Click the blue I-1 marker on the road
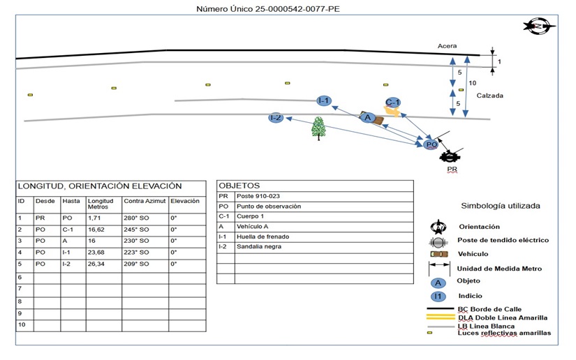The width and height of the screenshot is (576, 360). click(x=323, y=100)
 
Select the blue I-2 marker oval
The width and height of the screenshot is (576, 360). click(x=276, y=118)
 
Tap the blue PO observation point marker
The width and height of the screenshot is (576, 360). click(x=431, y=144)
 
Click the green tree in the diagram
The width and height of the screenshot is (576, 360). click(x=319, y=128)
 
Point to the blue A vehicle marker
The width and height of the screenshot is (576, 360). click(x=368, y=118)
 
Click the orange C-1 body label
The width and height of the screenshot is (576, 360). click(x=393, y=103)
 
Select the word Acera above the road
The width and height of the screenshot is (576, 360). click(x=448, y=46)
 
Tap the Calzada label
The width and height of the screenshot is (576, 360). click(x=491, y=96)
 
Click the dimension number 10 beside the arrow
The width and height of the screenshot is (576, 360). click(x=473, y=83)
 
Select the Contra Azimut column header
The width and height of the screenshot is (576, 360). click(x=143, y=200)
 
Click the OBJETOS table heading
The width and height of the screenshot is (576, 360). click(x=240, y=186)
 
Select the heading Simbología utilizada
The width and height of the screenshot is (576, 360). click(x=501, y=206)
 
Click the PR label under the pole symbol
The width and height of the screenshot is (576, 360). click(x=452, y=169)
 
